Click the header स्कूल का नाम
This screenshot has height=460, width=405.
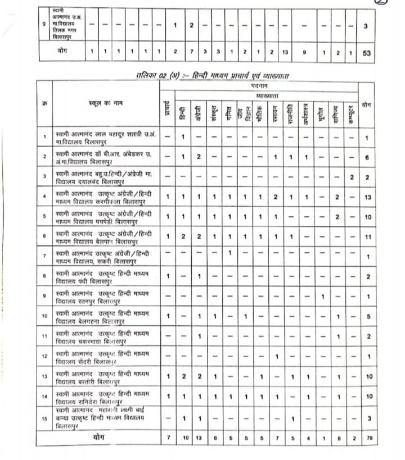(x=105, y=103)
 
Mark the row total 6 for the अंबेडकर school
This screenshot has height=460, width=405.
(x=366, y=157)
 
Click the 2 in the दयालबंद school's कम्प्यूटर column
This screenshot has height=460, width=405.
(x=351, y=176)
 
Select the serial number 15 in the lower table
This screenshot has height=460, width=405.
(x=44, y=418)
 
